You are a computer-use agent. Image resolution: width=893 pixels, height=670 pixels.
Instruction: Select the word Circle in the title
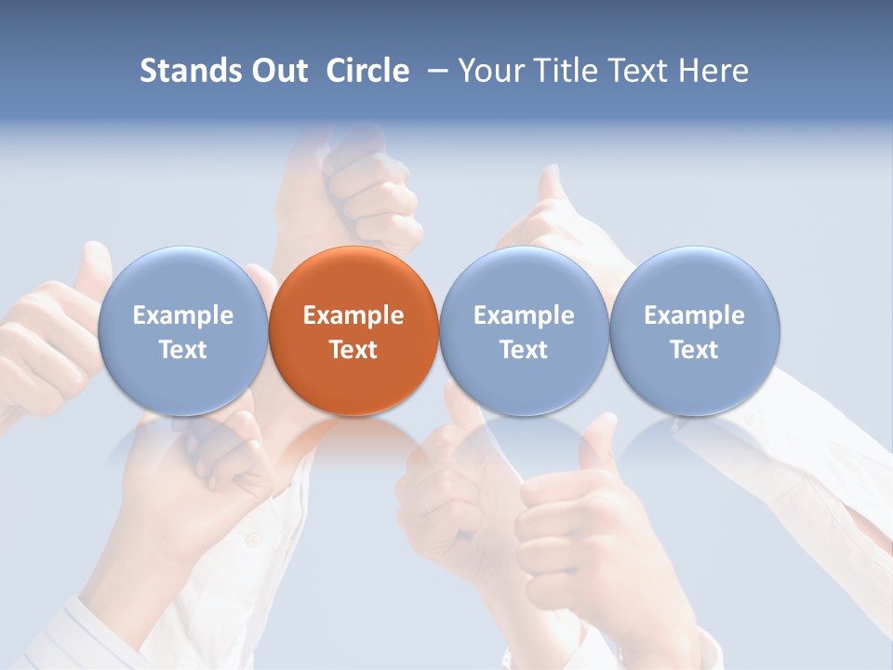point(367,71)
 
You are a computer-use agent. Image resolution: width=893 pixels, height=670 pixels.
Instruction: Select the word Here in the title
point(714,71)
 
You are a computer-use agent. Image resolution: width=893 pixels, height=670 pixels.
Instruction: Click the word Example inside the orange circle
point(353,315)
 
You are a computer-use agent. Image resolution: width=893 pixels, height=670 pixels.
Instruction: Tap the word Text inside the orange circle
point(353,350)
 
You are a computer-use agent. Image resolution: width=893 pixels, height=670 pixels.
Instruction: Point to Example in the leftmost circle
point(182,315)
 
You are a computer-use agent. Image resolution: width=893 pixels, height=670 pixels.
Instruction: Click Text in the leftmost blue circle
point(182,350)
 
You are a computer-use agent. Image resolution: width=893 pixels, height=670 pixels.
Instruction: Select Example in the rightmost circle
point(695,315)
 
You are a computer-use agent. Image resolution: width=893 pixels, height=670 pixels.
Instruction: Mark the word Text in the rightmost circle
point(695,350)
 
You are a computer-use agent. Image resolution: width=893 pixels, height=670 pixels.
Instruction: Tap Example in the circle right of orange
point(524,315)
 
